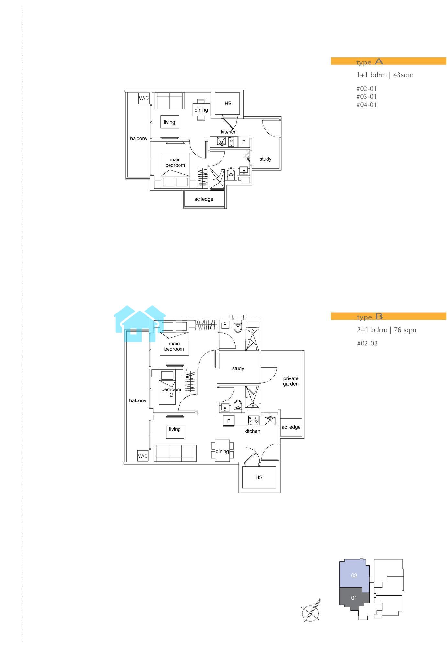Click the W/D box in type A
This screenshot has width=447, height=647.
coord(144,98)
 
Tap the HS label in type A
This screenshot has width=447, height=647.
coord(228,104)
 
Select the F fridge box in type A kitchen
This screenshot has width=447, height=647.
coord(244,142)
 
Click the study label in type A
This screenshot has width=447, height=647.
coord(265,159)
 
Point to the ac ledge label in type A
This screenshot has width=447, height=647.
coord(204,199)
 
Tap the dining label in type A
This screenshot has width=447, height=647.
coord(201,110)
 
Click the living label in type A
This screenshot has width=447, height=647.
coord(169,122)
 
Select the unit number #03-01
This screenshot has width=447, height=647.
coord(366,96)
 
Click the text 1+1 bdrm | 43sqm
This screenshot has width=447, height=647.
coord(385,75)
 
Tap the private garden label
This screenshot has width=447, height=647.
coord(291,381)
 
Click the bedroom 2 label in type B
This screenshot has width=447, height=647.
coord(171,392)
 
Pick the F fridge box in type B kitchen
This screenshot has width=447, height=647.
coord(229,421)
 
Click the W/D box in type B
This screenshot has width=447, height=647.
coord(143,456)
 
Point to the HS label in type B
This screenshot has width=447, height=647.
coord(259,477)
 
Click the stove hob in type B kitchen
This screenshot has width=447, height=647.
coord(253,420)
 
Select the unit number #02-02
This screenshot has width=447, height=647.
coord(367,344)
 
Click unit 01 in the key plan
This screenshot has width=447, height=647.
coord(354,598)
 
